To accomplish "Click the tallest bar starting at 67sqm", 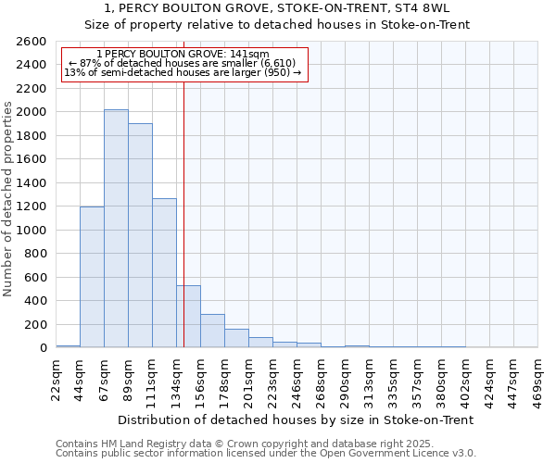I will [x=116, y=229].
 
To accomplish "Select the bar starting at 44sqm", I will [x=92, y=277].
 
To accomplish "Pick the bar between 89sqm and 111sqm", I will [x=140, y=235].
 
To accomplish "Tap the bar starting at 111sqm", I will [x=164, y=273].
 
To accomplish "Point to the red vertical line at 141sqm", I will [x=184, y=185].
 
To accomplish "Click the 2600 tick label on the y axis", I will [x=32, y=42].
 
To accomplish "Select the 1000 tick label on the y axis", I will [x=32, y=231].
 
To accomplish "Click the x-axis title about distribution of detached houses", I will [x=297, y=419].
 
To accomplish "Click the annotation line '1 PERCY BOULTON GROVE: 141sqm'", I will [x=183, y=55].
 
